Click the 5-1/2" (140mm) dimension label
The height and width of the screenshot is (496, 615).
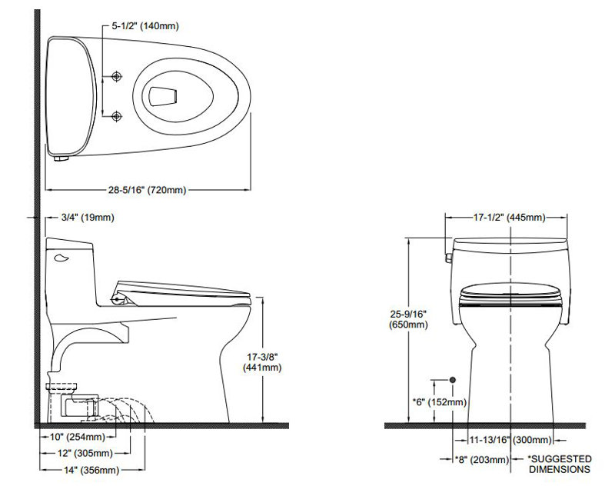click(145, 26)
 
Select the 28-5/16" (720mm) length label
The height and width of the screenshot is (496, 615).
click(147, 190)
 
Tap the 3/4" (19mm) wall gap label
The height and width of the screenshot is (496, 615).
click(88, 218)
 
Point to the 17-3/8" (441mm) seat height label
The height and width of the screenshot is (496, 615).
click(262, 362)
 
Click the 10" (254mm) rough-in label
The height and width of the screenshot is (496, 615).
click(78, 436)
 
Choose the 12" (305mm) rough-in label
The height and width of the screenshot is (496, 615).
click(85, 453)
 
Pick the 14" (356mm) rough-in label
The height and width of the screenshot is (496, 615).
click(91, 470)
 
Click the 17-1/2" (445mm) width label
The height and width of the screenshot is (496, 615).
click(509, 218)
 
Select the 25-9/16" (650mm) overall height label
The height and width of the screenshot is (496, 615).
click(408, 319)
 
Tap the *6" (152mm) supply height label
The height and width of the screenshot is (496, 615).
click(439, 402)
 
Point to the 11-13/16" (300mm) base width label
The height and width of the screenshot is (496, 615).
click(510, 440)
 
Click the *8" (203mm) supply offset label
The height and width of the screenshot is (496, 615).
click(481, 460)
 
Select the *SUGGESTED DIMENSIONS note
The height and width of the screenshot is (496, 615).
click(560, 464)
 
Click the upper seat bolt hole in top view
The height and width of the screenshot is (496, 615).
click(117, 76)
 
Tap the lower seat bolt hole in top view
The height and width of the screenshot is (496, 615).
click(117, 116)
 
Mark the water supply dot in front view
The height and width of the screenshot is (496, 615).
click(453, 380)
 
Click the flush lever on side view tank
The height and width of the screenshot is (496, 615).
click(61, 258)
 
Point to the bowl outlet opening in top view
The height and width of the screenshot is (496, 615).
click(163, 96)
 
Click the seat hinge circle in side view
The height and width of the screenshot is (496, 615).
click(117, 300)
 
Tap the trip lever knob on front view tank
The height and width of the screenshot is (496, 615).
click(448, 258)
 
